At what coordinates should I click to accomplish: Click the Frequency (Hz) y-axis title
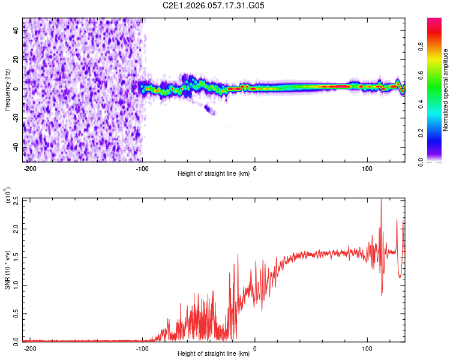point(7,89)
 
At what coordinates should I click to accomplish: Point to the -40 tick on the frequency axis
point(16,147)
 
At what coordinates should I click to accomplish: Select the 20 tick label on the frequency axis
point(16,60)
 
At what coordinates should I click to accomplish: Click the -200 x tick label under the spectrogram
point(31,167)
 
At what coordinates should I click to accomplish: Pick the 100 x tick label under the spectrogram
point(367,167)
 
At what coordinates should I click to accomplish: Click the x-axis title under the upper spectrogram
point(214,174)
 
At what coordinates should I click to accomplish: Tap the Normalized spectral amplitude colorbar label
point(446,90)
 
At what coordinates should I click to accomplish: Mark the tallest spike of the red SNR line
point(381,200)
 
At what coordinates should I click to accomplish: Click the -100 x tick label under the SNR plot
point(143,347)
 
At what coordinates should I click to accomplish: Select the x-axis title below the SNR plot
point(214,354)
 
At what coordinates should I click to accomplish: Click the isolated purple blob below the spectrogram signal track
point(209,110)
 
